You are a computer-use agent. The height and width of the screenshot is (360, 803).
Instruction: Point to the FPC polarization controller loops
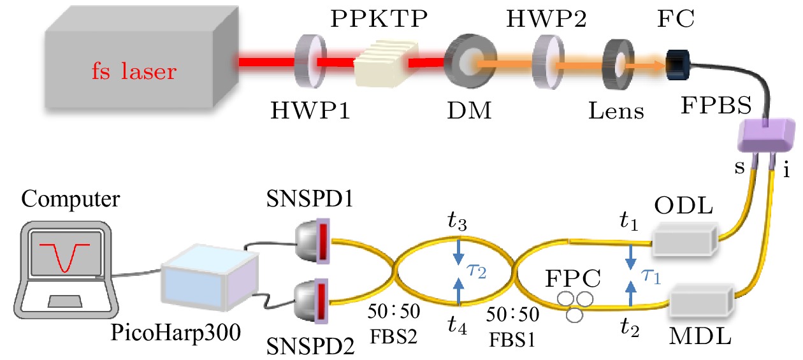coord(572,305)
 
